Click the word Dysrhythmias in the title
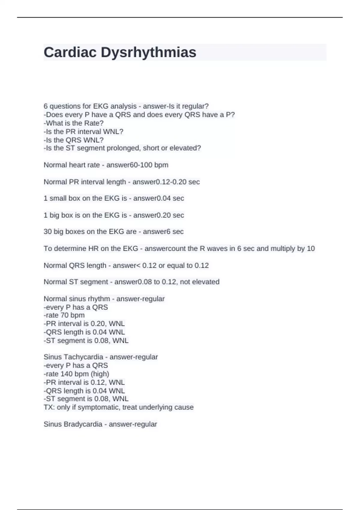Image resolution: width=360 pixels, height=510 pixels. coord(148,52)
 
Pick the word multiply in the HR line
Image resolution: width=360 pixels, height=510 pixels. coord(283,249)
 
